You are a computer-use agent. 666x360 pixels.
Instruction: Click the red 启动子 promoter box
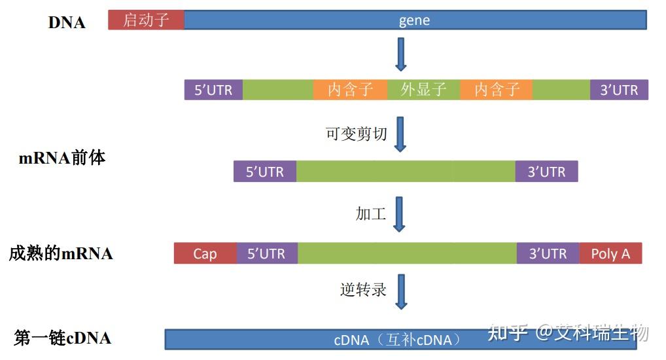pyautogui.click(x=146, y=20)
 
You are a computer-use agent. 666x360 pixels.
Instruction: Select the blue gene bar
pyautogui.click(x=415, y=20)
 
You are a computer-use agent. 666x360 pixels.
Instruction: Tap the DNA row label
pyautogui.click(x=67, y=22)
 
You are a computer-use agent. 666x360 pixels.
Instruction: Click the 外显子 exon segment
pyautogui.click(x=423, y=90)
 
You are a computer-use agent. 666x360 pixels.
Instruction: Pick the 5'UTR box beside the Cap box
pyautogui.click(x=266, y=253)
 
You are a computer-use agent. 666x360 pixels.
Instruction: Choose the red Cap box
pyautogui.click(x=205, y=253)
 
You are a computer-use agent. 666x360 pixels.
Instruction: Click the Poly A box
pyautogui.click(x=610, y=253)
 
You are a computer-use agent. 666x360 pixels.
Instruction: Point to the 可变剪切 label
pyautogui.click(x=357, y=134)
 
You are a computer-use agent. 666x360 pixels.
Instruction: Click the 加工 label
pyautogui.click(x=371, y=213)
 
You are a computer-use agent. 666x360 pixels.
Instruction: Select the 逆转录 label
pyautogui.click(x=364, y=289)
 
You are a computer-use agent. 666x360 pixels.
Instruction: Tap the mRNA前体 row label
pyautogui.click(x=62, y=158)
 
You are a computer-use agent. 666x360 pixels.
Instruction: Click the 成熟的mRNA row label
pyautogui.click(x=61, y=253)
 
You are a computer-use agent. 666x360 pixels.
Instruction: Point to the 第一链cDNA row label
pyautogui.click(x=63, y=338)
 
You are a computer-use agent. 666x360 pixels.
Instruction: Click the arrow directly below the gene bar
pyautogui.click(x=401, y=55)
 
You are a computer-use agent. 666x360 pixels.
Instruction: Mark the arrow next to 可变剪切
pyautogui.click(x=400, y=135)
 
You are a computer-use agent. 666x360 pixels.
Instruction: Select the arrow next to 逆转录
pyautogui.click(x=401, y=291)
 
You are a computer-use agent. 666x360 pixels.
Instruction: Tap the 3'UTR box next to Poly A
pyautogui.click(x=548, y=253)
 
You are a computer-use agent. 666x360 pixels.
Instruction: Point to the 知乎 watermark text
pyautogui.click(x=508, y=333)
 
